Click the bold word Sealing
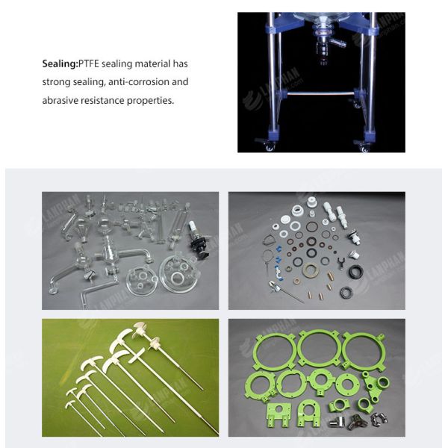point(60,64)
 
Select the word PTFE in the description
point(89,63)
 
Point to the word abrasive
point(60,101)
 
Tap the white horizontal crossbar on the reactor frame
point(320,93)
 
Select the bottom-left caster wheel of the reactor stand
point(269,146)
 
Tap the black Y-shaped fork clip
point(340,263)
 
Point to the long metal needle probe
point(287,292)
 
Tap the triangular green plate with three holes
point(375,387)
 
